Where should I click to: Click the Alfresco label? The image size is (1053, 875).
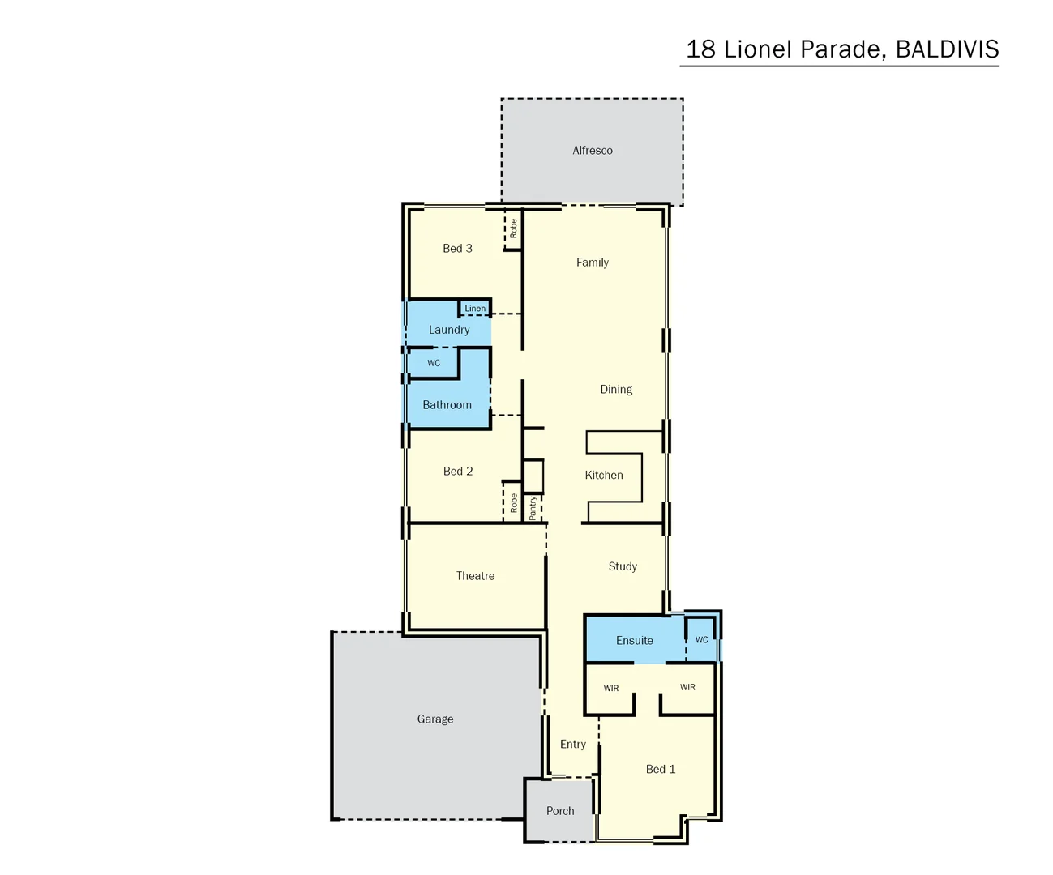[x=593, y=151]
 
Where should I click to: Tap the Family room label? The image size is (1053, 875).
[x=593, y=262]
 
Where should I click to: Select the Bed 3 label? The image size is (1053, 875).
[x=457, y=249]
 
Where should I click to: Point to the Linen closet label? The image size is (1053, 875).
[x=475, y=309]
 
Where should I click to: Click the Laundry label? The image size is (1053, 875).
[x=449, y=330]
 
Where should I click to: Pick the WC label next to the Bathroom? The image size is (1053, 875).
[x=434, y=363]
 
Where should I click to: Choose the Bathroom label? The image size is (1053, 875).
[x=447, y=405]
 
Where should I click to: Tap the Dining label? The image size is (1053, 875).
[x=616, y=390]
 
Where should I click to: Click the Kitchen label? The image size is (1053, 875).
[x=604, y=476]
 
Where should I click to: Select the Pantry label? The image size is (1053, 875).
[x=533, y=508]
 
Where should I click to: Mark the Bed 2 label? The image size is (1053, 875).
[x=458, y=472]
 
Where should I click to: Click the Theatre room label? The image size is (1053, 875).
[x=475, y=576]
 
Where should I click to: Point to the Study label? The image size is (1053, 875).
[x=623, y=566]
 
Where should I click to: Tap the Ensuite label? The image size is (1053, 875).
[x=634, y=641]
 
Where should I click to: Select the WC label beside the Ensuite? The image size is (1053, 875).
[x=701, y=640]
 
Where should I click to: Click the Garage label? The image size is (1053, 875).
[x=435, y=719]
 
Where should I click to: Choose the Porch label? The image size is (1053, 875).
[x=560, y=811]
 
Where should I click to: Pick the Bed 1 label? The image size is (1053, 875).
[x=661, y=770]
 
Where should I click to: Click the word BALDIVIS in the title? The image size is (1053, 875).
[x=947, y=49]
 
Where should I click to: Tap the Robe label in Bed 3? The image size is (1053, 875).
[x=513, y=228]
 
